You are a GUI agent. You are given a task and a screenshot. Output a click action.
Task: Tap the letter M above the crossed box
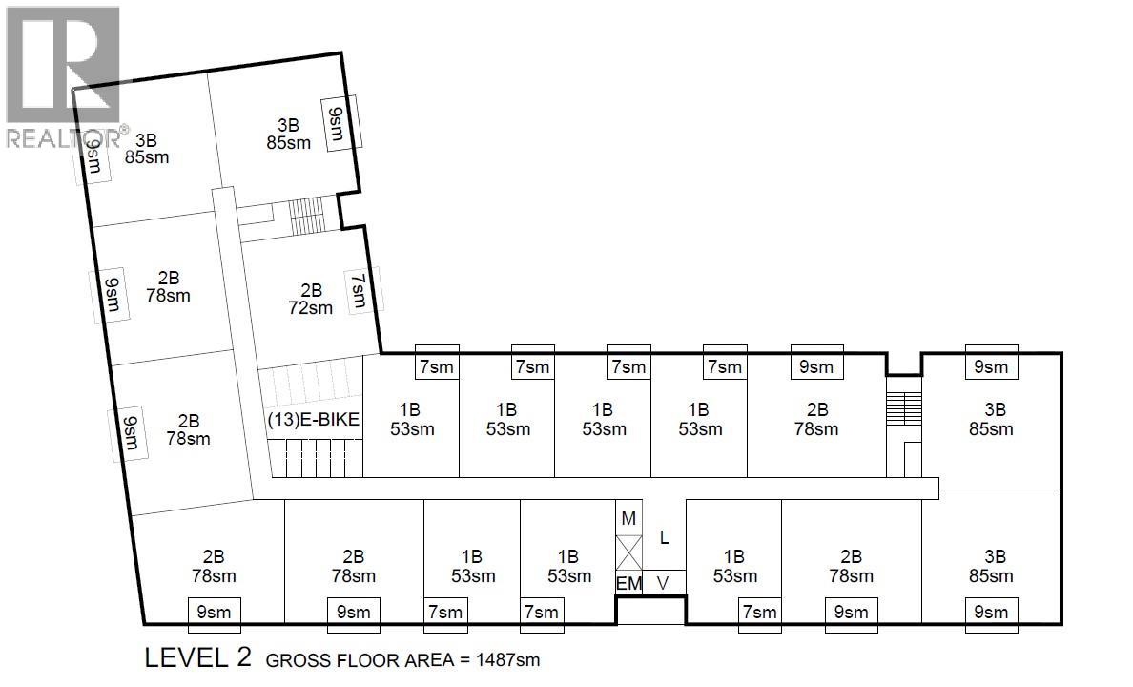(x=628, y=518)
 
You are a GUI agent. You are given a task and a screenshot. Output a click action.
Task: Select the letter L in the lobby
(x=665, y=538)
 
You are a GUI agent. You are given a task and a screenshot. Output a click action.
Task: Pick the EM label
(x=628, y=583)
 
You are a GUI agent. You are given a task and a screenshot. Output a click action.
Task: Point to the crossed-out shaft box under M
(x=629, y=552)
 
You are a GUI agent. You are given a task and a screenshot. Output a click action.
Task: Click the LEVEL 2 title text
(x=197, y=658)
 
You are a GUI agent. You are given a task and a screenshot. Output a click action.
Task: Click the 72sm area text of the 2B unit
(x=311, y=307)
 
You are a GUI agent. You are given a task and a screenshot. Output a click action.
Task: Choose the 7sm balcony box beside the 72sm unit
(x=359, y=290)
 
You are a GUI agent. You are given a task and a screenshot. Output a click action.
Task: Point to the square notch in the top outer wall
(x=903, y=364)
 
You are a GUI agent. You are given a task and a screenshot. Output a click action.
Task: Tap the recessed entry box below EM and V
(x=649, y=611)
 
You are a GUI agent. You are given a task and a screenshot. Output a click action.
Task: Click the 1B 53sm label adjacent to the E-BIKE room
(x=412, y=419)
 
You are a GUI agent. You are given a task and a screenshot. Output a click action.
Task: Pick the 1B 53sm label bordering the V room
(x=733, y=566)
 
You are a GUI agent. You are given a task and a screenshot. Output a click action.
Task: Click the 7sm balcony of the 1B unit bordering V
(x=759, y=612)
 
